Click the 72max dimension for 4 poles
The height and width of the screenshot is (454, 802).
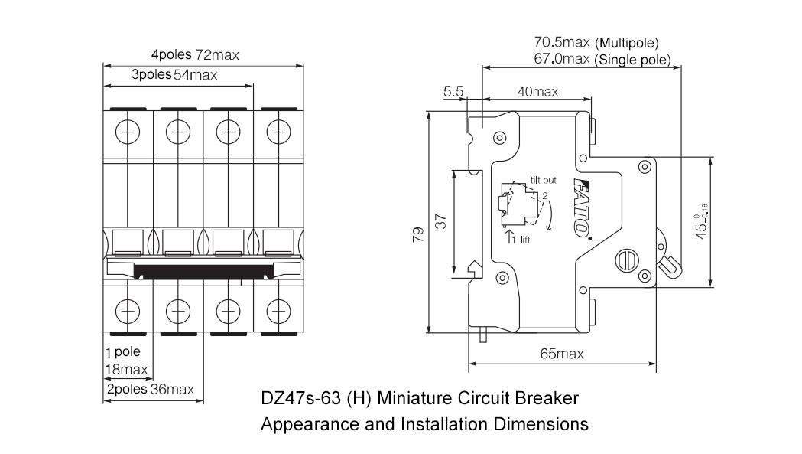tap(217, 55)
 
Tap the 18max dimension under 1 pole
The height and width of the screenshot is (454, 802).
tap(126, 371)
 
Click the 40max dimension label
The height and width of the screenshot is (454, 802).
tap(537, 91)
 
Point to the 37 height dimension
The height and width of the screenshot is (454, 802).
tap(441, 222)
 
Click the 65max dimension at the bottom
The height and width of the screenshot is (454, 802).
tap(562, 354)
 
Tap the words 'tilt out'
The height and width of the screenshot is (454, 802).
tap(544, 180)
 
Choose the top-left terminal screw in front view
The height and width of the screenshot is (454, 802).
tap(128, 132)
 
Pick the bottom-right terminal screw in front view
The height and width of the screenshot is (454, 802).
tap(278, 310)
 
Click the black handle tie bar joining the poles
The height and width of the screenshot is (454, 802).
tap(203, 270)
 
